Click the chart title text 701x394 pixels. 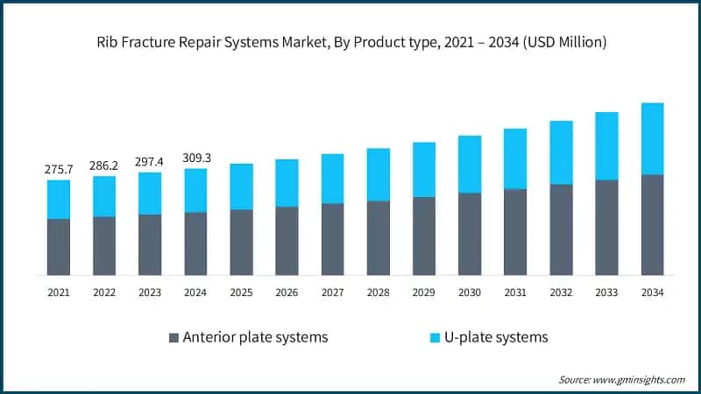tap(350, 40)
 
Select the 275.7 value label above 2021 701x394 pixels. tap(59, 169)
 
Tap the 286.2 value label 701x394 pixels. tap(104, 165)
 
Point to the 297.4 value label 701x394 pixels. tap(150, 161)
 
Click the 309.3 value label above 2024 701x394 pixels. tap(195, 157)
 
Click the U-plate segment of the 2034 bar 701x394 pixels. tap(652, 138)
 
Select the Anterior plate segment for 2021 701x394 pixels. tap(59, 247)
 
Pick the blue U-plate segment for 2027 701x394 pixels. tap(332, 179)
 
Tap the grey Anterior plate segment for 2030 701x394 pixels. tap(470, 234)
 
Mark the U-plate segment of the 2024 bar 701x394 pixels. tap(195, 190)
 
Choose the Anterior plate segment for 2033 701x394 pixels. tap(606, 228)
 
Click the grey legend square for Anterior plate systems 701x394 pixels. tap(173, 337)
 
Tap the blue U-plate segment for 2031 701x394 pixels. tap(515, 158)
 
